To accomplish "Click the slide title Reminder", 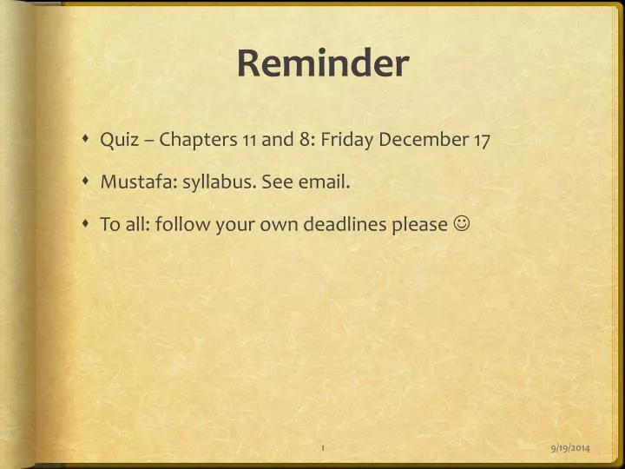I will [322, 64].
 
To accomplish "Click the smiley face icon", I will [462, 225].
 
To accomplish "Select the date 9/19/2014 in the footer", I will [570, 446].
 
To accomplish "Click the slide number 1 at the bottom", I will [322, 446].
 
